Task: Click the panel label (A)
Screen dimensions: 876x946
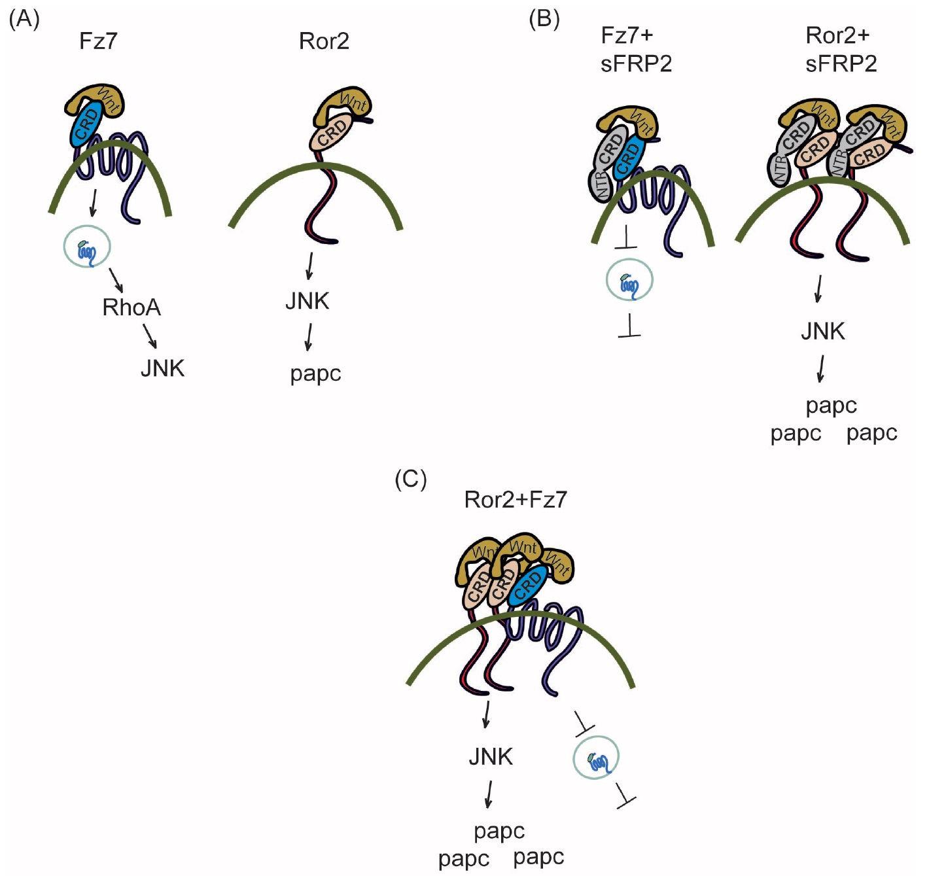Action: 24,19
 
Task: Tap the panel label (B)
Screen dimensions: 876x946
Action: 544,19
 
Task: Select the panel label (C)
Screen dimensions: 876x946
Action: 410,480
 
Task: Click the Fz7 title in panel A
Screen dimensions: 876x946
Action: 98,41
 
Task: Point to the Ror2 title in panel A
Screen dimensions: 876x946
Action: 324,41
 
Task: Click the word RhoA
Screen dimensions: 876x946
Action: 131,307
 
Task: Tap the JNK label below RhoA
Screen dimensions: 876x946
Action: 163,368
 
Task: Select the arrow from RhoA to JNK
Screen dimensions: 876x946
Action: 150,336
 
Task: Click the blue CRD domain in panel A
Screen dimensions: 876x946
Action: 86,125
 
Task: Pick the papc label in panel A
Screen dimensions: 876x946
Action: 315,374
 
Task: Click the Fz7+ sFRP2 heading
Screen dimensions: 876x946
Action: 636,50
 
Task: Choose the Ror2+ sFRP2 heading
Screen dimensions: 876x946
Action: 841,50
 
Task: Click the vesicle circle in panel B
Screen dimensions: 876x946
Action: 629,281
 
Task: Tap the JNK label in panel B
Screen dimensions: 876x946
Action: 823,331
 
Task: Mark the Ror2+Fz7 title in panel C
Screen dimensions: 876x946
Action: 516,500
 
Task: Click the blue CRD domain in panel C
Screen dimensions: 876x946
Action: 529,584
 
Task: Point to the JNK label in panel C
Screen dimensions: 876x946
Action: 491,757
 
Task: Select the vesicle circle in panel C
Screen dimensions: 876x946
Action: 596,758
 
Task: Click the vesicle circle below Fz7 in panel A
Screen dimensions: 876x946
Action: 87,247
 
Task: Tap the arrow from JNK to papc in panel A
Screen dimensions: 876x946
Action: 308,337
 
